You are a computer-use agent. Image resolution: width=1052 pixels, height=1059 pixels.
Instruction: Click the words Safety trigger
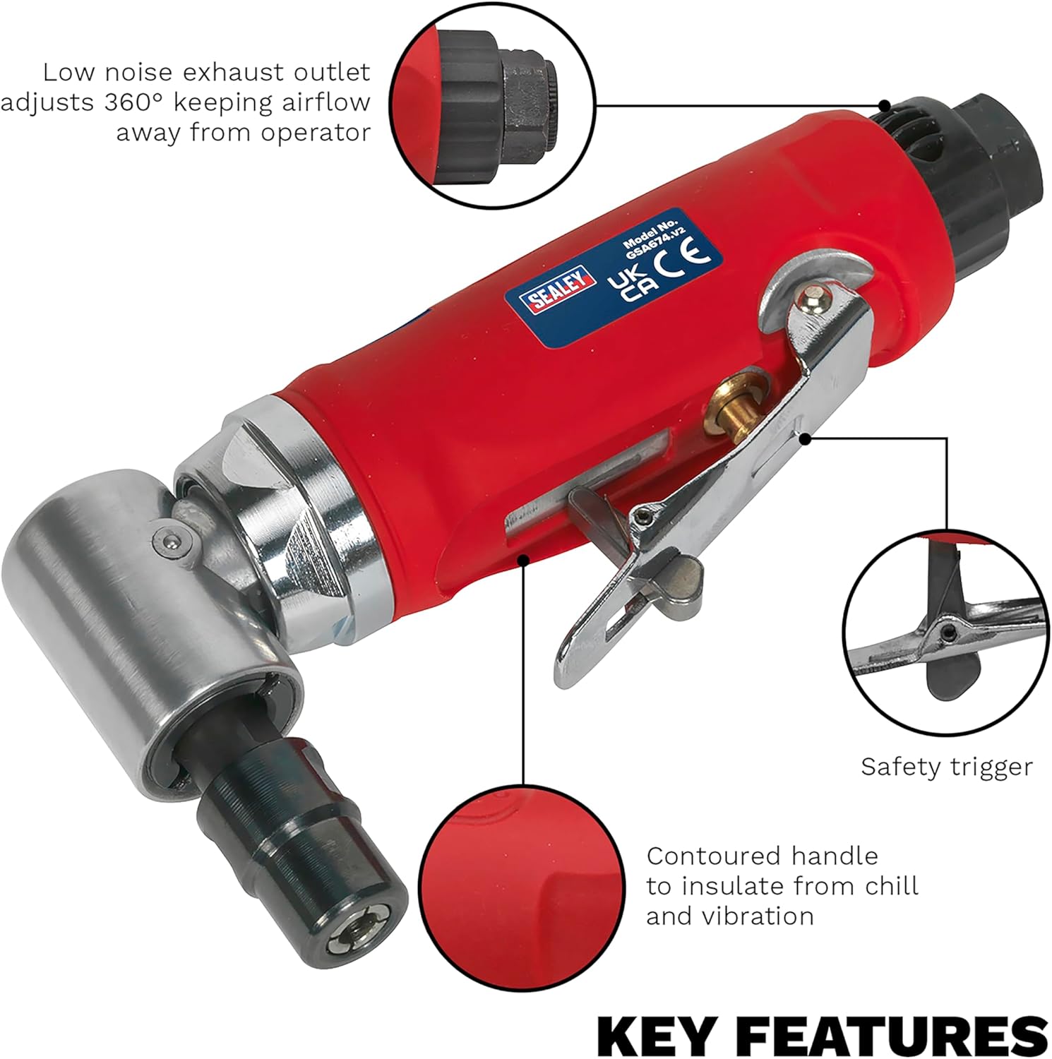pyautogui.click(x=946, y=767)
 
